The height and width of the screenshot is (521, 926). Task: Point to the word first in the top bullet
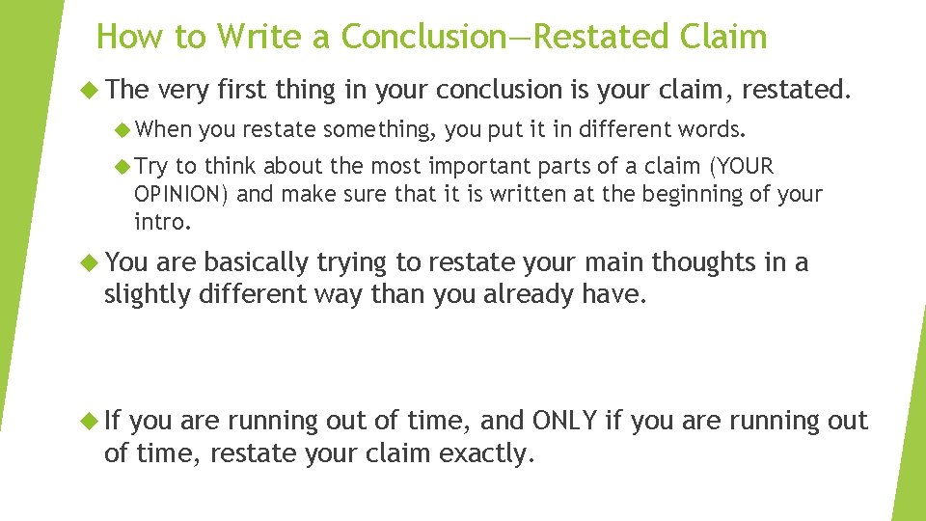242,91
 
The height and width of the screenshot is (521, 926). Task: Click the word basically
256,262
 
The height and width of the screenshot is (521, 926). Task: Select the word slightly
147,294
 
